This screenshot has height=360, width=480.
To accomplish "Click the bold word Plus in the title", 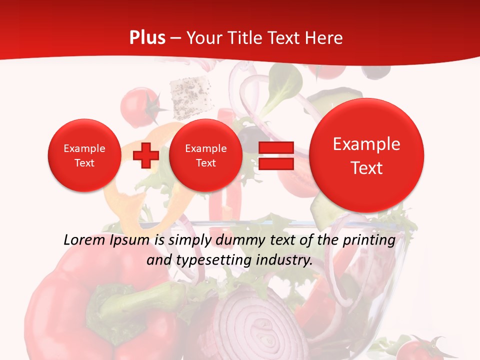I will [147, 37].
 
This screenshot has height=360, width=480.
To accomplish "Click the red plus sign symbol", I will [145, 155].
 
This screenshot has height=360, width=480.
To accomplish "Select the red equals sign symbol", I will [276, 155].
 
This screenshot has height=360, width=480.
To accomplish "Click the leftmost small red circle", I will [84, 155].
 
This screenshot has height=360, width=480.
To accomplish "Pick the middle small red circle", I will [205, 155].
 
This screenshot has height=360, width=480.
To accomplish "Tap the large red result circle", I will [366, 155].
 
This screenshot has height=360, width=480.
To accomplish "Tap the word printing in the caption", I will [369, 240].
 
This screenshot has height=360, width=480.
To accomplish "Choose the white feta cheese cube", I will [189, 93].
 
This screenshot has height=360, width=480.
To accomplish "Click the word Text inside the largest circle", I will [366, 167].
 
